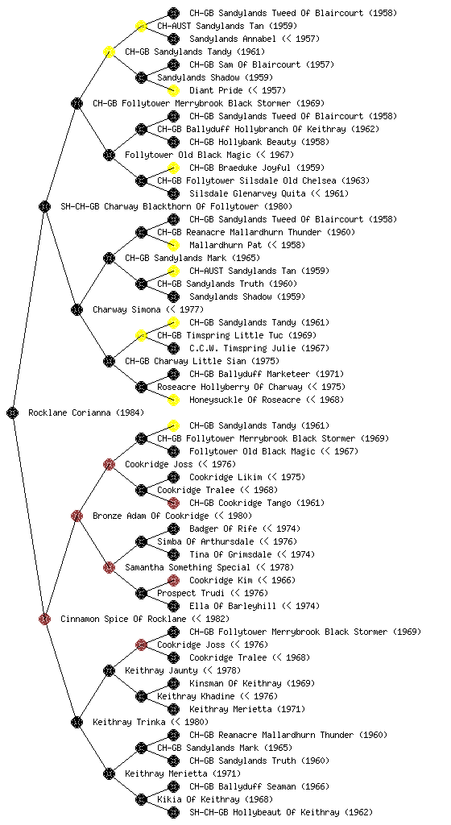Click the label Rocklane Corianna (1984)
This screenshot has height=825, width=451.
[86, 412]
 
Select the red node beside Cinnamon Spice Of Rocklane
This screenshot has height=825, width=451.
[44, 619]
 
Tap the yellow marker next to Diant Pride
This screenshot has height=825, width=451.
[173, 90]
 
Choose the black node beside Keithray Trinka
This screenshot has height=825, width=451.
[77, 722]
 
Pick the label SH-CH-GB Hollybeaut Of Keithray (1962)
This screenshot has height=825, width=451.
[281, 812]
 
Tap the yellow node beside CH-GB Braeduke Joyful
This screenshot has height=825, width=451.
[173, 168]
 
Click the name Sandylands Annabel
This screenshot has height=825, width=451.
[233, 39]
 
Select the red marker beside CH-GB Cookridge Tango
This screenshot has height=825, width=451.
[173, 503]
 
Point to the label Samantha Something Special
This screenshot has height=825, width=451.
[188, 567]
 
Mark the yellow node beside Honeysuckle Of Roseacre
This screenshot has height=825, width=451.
[173, 400]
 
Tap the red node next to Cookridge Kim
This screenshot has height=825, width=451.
[173, 580]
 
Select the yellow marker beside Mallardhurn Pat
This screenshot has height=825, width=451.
[173, 245]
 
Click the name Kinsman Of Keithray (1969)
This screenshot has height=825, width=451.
[252, 683]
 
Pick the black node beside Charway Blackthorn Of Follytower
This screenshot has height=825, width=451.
[44, 206]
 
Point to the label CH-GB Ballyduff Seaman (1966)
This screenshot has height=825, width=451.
[259, 786]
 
